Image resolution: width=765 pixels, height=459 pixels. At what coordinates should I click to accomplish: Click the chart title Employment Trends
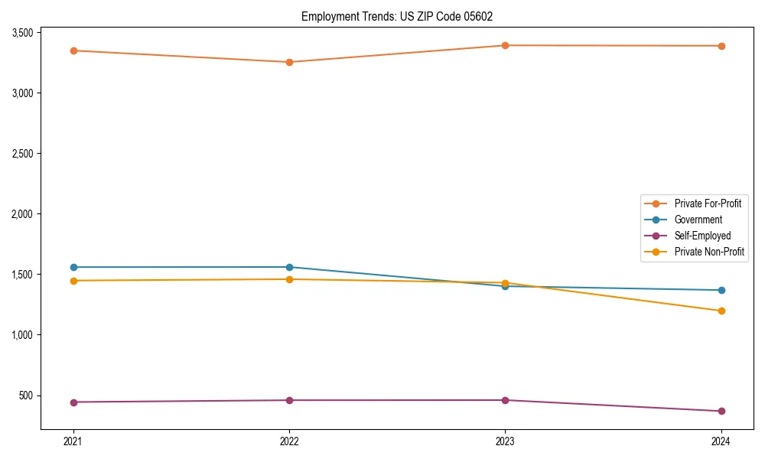coord(402,16)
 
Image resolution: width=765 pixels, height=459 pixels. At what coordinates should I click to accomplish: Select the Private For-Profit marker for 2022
coord(289,62)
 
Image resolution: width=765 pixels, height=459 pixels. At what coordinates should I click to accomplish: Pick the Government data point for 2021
coord(73,267)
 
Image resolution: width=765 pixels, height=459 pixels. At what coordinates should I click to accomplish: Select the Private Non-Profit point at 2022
coord(289,279)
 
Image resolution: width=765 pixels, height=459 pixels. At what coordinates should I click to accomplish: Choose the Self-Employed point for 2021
coord(73,402)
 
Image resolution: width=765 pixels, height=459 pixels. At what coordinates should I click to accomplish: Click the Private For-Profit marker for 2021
coord(73,50)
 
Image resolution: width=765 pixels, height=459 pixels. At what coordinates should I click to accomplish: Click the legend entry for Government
coord(698,220)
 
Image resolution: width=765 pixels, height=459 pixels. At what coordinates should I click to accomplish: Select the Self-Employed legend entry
coord(702,236)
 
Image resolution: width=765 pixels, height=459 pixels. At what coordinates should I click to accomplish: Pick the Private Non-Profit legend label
coord(709,252)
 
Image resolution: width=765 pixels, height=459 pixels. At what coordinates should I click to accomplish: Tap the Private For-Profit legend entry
coord(708,203)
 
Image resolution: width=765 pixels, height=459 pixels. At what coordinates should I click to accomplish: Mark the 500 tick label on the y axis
coord(26,396)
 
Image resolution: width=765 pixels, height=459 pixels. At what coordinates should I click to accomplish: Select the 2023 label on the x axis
coord(505,441)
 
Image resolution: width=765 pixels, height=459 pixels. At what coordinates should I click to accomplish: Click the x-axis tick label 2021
coord(73,441)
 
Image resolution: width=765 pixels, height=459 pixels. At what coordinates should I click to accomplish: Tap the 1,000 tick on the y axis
coord(22,335)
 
